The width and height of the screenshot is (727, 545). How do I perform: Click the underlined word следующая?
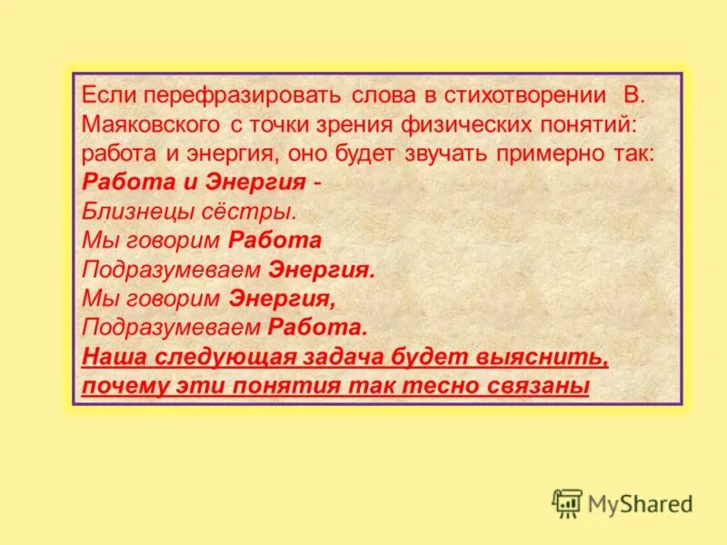point(212,357)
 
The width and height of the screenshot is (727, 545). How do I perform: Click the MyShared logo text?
point(640,502)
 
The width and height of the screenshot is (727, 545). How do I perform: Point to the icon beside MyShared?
point(567,502)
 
